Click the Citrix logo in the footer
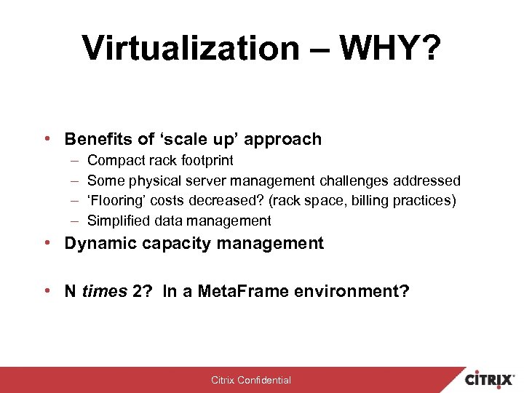491,379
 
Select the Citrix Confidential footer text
251,380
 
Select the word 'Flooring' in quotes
116,200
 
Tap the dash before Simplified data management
75,221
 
